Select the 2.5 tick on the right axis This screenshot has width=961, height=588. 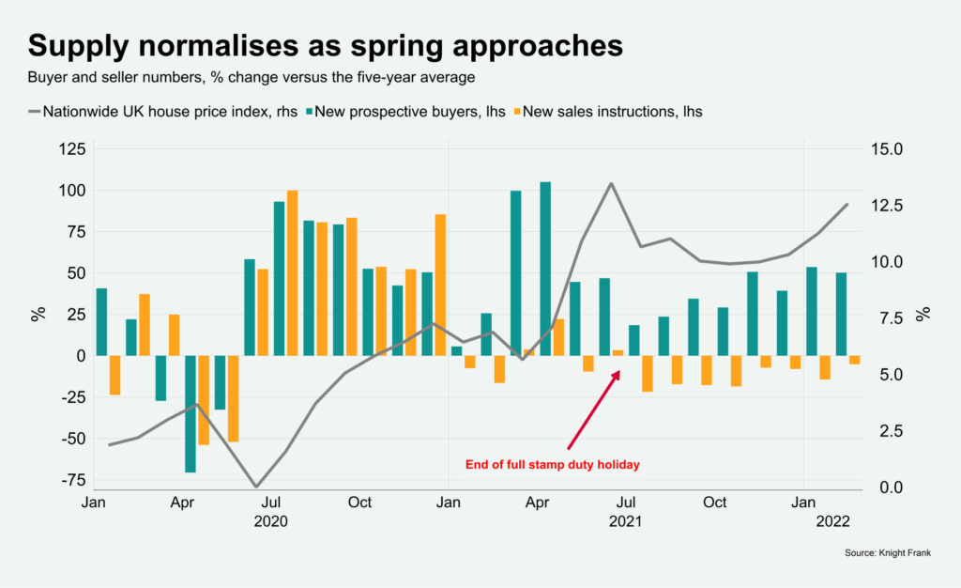point(888,431)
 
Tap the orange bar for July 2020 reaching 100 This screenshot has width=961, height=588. point(292,272)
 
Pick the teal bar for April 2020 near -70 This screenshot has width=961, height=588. point(191,413)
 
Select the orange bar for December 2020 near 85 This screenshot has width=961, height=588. point(440,285)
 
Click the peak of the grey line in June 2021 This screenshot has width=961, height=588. point(611,183)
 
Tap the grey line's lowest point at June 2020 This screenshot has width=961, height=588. point(255,487)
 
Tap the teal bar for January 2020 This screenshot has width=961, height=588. point(101,322)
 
